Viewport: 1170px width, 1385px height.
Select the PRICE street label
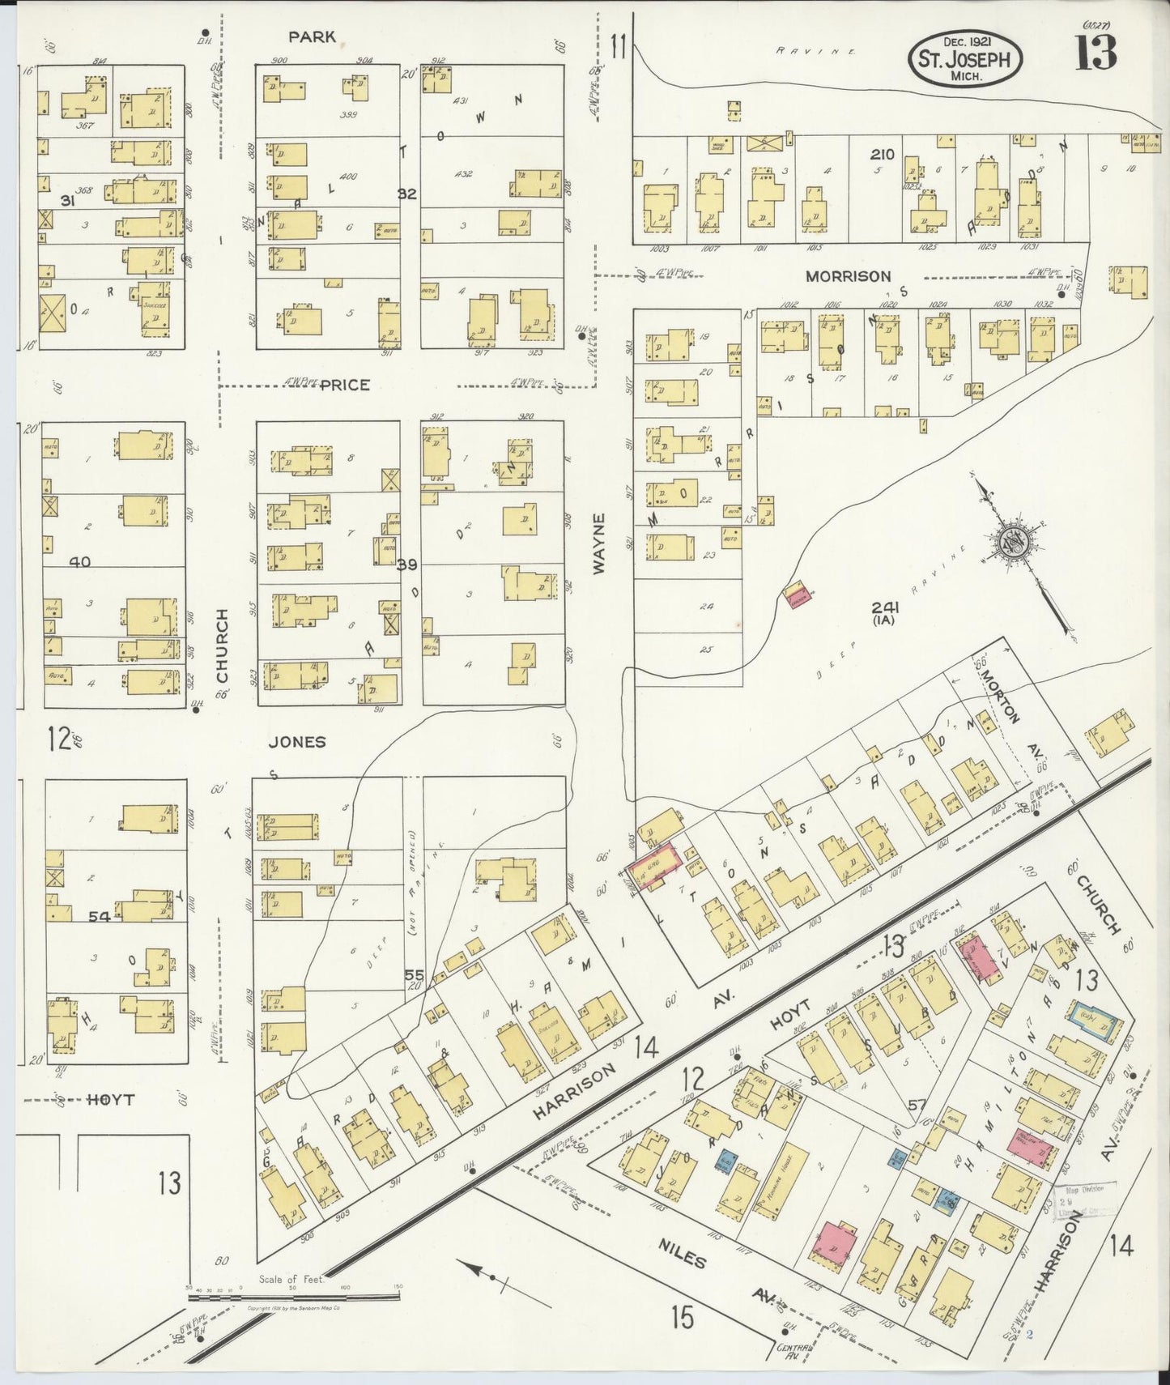click(344, 385)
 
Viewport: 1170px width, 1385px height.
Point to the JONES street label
click(297, 741)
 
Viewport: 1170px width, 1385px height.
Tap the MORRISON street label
click(848, 276)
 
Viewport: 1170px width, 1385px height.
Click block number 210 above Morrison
click(882, 154)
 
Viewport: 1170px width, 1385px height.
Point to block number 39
click(406, 565)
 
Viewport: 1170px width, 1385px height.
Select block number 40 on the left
click(80, 561)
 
